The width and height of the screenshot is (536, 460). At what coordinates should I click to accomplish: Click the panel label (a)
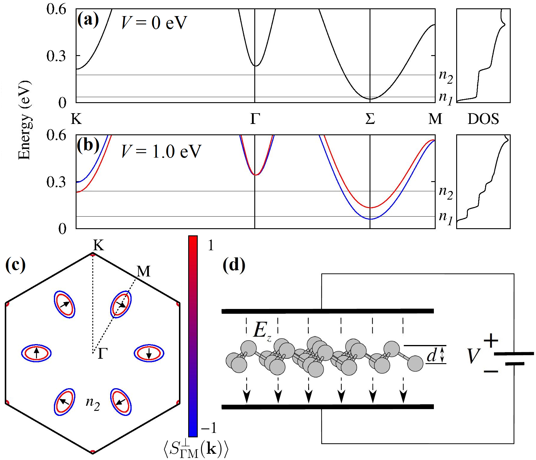tap(88, 20)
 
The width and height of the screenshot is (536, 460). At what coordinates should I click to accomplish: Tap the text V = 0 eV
tap(154, 23)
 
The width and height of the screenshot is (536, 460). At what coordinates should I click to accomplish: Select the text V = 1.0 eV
tap(161, 151)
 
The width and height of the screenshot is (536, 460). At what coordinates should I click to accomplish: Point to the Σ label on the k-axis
tap(370, 119)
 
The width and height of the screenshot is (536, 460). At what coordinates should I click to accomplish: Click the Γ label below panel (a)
tap(255, 119)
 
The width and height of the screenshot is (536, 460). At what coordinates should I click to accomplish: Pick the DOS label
tap(483, 119)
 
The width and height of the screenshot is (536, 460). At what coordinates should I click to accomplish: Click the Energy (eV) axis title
tap(24, 120)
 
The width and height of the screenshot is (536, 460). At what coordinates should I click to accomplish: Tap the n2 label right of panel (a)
tap(446, 77)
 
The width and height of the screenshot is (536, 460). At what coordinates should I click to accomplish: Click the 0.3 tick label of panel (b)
tap(56, 182)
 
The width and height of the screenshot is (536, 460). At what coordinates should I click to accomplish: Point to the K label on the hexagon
tap(99, 245)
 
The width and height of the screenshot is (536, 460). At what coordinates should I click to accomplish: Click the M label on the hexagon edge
tap(144, 271)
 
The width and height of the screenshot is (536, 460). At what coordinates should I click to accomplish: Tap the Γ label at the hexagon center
tap(102, 354)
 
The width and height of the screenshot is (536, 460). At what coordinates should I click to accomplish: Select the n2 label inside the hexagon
tap(93, 403)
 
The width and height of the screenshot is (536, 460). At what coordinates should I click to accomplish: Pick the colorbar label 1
tap(211, 245)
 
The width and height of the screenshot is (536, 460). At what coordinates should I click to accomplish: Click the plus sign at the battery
tap(491, 341)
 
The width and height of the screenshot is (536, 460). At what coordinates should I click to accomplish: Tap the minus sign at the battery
tap(491, 371)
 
